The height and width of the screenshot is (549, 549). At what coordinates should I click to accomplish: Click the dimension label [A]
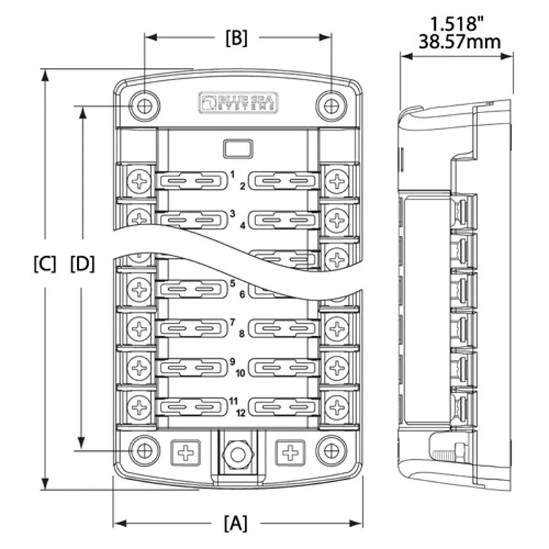point(235,524)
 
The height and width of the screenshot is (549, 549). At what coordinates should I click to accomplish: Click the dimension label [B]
point(235,38)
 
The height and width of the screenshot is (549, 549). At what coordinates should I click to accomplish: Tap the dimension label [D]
point(82,264)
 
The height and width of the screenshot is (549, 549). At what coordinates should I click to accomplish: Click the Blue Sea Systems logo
point(237,102)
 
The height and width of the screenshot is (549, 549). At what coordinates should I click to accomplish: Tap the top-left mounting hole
point(144,106)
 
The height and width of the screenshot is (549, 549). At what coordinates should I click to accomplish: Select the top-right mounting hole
point(331,106)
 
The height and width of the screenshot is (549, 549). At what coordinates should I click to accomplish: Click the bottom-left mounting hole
point(144,451)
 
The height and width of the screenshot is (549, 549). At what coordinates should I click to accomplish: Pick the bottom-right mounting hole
point(331,451)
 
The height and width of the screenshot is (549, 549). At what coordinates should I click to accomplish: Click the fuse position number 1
point(233,174)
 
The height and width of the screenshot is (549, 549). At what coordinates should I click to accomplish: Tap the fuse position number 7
point(233,321)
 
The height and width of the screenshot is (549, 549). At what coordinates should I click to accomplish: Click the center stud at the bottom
point(237,453)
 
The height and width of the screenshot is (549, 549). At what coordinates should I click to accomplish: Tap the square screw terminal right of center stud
point(290,452)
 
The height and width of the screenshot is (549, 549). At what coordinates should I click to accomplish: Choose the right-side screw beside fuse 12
point(336,407)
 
